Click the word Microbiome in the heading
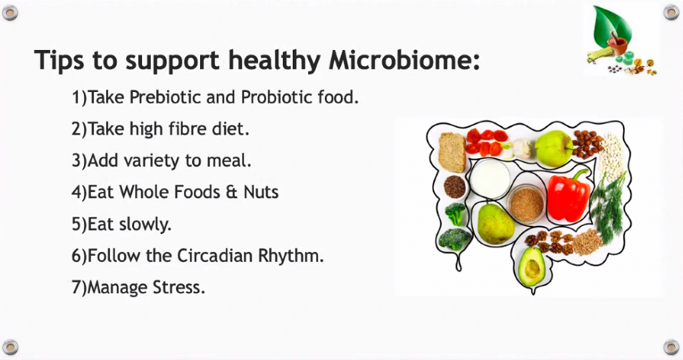[404, 59]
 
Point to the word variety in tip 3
[151, 161]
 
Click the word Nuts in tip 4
[261, 192]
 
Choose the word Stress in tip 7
[179, 287]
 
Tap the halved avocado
[532, 265]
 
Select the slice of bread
[452, 153]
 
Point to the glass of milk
[490, 178]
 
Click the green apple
[554, 149]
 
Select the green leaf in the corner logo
[614, 25]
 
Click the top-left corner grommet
[10, 13]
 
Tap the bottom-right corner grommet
[672, 347]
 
